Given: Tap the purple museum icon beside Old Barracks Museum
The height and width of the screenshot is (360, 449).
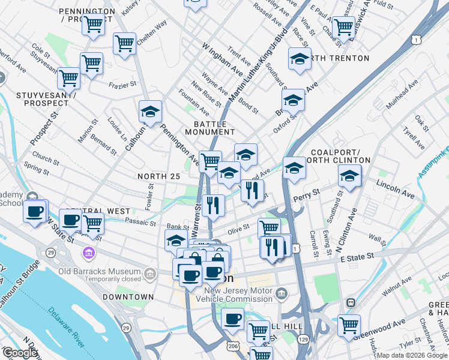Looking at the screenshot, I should pyautogui.click(x=89, y=254).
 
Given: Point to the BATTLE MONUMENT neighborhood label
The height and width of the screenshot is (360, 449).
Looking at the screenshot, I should pyautogui.click(x=209, y=127).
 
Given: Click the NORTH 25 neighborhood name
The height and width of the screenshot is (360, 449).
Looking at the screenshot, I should pyautogui.click(x=158, y=176).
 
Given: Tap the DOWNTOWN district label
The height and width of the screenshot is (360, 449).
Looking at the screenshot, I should pyautogui.click(x=128, y=297).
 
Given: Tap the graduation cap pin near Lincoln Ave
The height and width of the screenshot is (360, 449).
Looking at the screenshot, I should pyautogui.click(x=349, y=176).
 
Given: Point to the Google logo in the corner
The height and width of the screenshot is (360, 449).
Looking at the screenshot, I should pyautogui.click(x=20, y=353).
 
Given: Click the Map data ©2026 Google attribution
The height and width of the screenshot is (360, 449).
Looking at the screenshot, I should pyautogui.click(x=412, y=355).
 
